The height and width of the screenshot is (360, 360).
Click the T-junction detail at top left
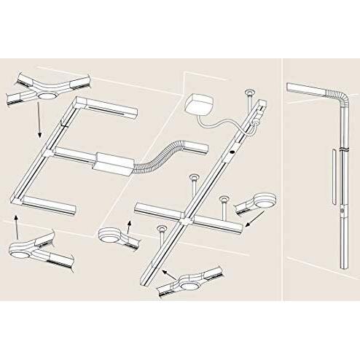[46, 91]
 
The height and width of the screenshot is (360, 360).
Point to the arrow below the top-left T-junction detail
[34, 120]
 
